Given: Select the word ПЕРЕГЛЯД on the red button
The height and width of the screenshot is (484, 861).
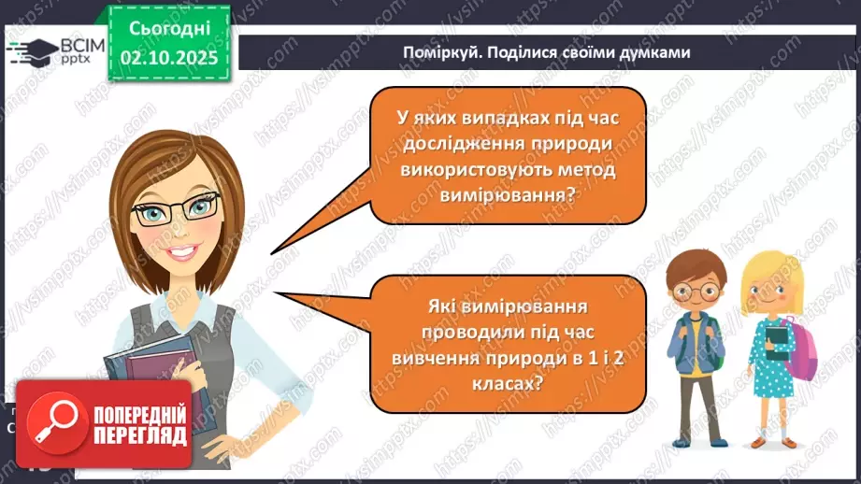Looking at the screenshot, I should click(138, 435).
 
